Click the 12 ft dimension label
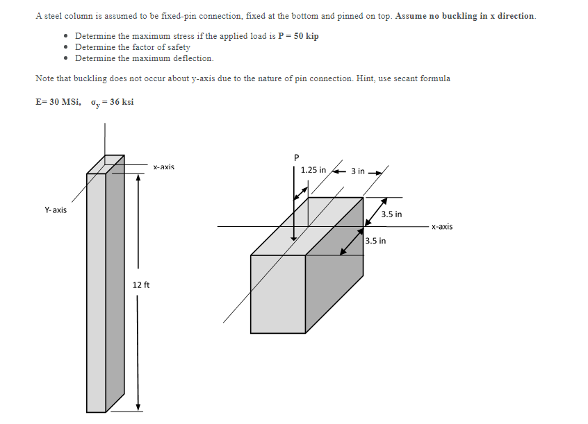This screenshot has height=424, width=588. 141,285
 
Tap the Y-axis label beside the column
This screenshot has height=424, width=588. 56,210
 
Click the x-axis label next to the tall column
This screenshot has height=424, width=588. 163,167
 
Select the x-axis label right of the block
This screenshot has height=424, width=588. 441,226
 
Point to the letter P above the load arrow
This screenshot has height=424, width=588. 295,157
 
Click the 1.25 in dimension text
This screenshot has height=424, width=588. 313,170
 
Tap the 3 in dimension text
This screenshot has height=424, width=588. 357,170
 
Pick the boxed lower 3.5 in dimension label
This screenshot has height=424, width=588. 375,241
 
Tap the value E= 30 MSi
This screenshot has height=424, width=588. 58,102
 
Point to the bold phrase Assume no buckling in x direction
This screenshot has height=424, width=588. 465,15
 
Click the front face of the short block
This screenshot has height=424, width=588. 278,294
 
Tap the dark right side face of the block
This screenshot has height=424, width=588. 334,264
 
